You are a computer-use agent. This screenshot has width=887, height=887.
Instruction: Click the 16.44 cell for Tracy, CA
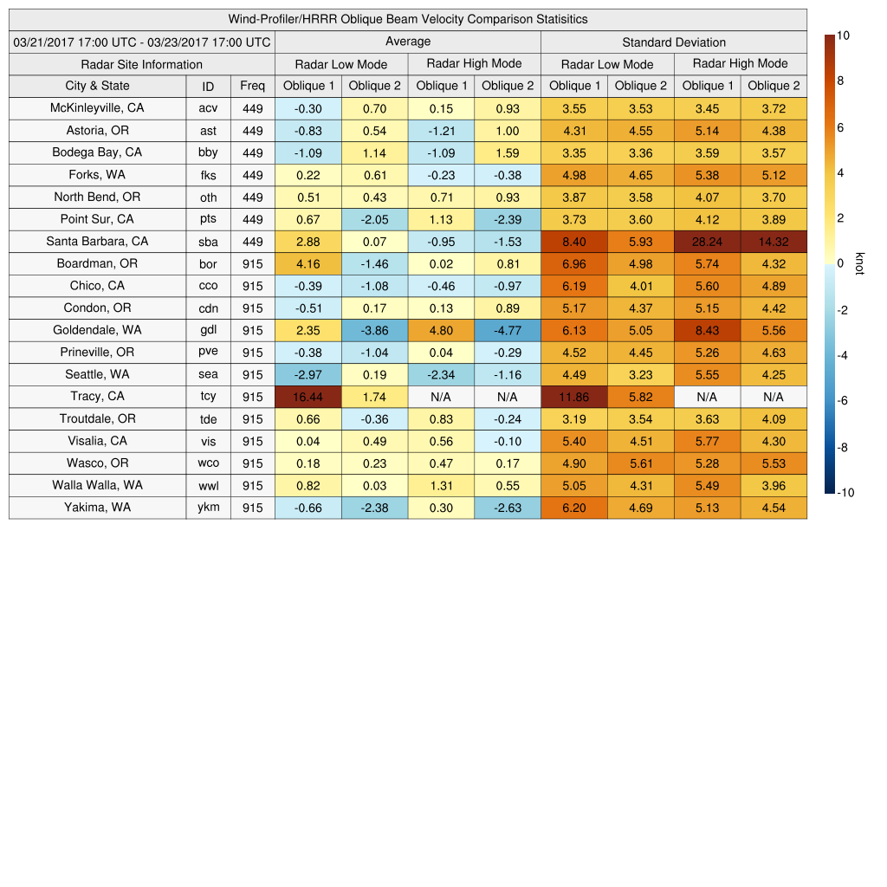[308, 397]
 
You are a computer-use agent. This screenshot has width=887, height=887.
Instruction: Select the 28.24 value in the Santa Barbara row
[707, 242]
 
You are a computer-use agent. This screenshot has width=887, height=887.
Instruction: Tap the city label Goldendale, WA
[97, 330]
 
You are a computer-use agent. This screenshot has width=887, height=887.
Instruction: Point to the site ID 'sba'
[208, 242]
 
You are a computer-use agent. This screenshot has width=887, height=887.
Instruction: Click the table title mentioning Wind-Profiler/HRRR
[408, 19]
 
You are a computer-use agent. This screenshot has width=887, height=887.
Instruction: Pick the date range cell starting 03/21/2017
[141, 42]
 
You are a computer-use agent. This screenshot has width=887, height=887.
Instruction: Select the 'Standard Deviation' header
[674, 42]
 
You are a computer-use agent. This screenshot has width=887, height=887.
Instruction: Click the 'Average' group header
[407, 42]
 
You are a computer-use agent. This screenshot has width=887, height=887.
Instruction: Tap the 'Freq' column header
[253, 86]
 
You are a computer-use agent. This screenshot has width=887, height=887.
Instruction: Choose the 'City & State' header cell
[97, 86]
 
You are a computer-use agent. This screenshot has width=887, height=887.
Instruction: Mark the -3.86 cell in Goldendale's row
[374, 330]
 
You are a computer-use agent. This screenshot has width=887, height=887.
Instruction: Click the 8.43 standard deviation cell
[707, 330]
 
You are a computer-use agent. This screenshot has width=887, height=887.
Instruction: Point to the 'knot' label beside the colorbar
[860, 263]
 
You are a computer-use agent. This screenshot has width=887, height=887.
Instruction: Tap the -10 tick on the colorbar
[845, 493]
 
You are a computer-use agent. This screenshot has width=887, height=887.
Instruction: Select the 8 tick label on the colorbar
[839, 81]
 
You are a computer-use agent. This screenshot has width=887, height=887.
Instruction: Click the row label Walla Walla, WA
[97, 485]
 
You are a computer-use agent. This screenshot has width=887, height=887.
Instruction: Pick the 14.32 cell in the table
[774, 242]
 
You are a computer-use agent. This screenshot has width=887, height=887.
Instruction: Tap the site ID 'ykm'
[208, 508]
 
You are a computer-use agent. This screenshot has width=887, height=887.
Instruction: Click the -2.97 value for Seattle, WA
[308, 374]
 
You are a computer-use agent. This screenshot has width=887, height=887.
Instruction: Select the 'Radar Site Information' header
[141, 64]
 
